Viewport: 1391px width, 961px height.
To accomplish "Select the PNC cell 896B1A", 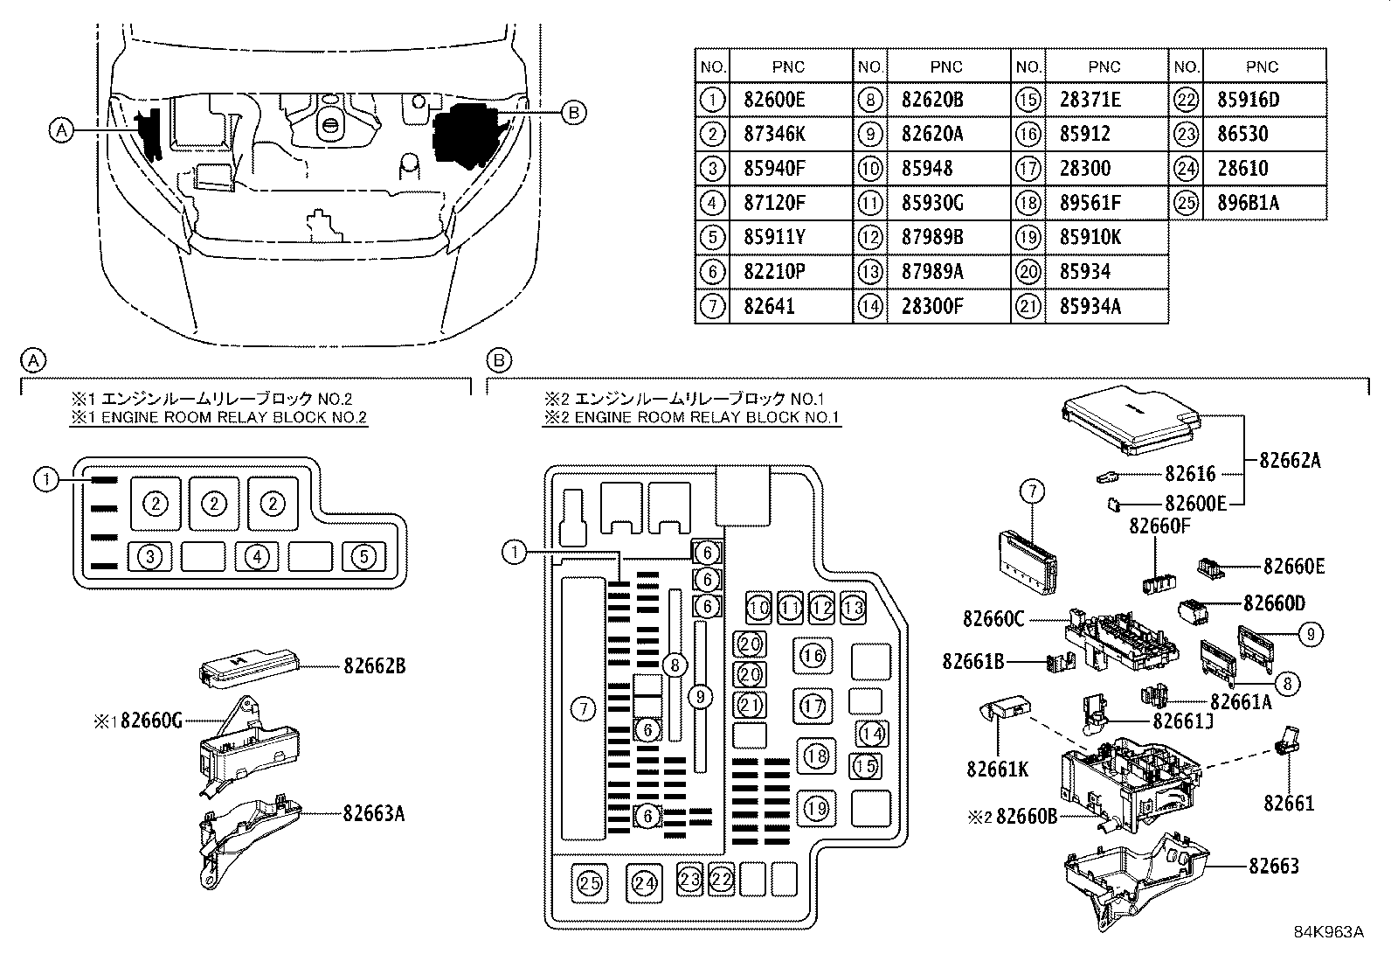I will pos(1247,203).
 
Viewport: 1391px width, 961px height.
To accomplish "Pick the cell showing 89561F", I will pos(1090,203).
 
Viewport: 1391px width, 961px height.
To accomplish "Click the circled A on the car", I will pos(60,130).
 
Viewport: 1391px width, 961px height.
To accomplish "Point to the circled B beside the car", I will pos(572,112).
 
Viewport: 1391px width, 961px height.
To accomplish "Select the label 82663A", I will pos(375,813).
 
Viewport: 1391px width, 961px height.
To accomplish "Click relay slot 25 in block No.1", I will pos(591,884).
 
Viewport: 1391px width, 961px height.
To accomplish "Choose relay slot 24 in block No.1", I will pos(645,884).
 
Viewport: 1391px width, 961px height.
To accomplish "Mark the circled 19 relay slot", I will pos(816,807).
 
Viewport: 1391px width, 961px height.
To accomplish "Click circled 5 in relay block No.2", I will pos(364,556).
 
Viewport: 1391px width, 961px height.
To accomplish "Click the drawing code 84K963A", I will pos(1328,933).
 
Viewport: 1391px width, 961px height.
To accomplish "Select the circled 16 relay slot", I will pos(813,656).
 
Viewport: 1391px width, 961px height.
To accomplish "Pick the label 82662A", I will pos(1290,460).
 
